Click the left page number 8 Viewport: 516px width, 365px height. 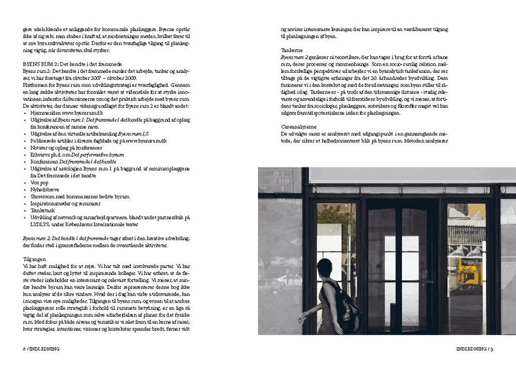point(24,348)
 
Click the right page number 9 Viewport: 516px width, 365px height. point(492,348)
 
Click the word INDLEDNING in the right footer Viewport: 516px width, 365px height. point(471,348)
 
